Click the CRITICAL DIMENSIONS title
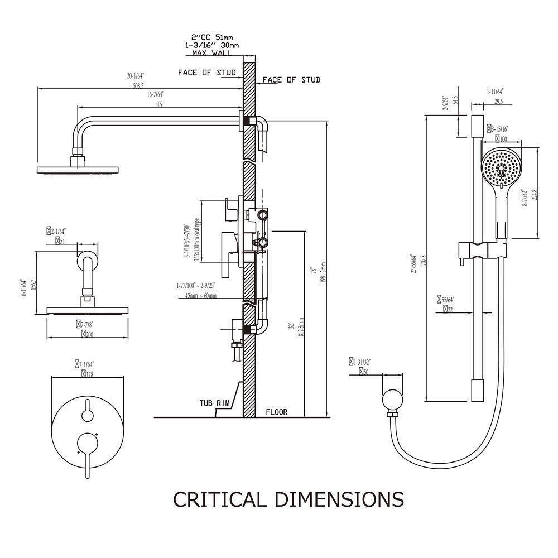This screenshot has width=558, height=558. pyautogui.click(x=288, y=499)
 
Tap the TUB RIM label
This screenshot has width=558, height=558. pyautogui.click(x=215, y=402)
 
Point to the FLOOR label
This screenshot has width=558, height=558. pyautogui.click(x=276, y=412)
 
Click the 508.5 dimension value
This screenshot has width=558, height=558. pyautogui.click(x=136, y=86)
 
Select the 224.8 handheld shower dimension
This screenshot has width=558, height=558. pyautogui.click(x=535, y=195)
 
